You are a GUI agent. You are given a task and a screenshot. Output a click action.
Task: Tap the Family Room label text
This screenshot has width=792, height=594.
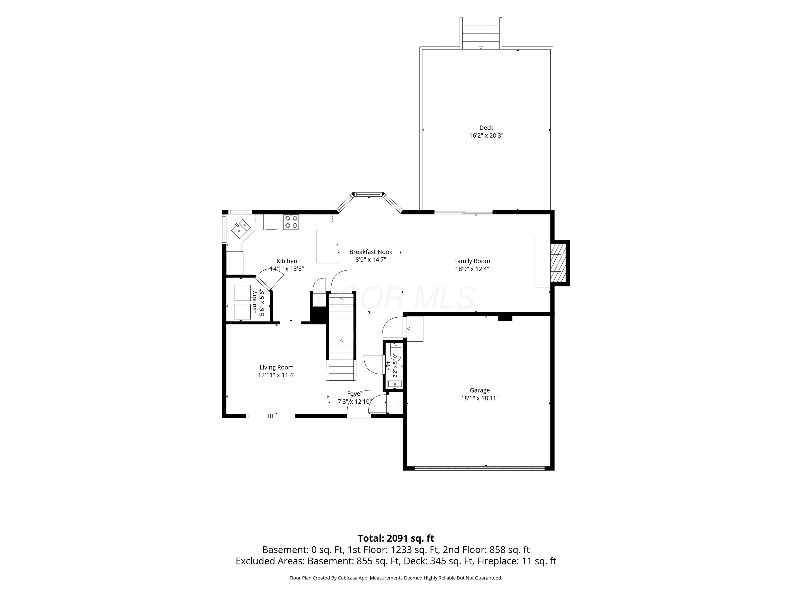(x=472, y=261)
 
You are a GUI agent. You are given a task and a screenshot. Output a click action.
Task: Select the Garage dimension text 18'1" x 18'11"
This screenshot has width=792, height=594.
(x=480, y=398)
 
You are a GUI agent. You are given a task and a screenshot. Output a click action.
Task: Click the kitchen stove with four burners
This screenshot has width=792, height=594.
(x=291, y=222)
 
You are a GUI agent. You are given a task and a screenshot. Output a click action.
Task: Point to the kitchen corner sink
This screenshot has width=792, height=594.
(x=241, y=229)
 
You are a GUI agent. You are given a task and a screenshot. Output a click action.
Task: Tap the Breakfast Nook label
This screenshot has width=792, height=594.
(x=371, y=252)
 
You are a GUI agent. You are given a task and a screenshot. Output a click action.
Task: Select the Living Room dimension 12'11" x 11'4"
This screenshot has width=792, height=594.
(x=276, y=375)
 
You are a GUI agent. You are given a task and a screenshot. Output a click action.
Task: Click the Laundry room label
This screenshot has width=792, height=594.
(x=254, y=303)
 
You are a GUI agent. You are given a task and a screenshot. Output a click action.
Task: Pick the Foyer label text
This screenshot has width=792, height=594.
(x=355, y=394)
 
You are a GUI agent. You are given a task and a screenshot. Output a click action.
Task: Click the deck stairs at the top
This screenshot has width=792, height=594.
(x=481, y=33)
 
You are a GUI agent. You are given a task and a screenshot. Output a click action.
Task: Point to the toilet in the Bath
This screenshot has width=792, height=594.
(x=396, y=353)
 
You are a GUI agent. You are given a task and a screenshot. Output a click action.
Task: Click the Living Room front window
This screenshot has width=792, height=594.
(x=270, y=416)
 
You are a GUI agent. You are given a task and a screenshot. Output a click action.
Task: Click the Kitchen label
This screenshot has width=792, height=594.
(x=286, y=261)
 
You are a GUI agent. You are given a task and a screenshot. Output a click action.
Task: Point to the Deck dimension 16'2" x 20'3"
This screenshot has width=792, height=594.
(x=486, y=136)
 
